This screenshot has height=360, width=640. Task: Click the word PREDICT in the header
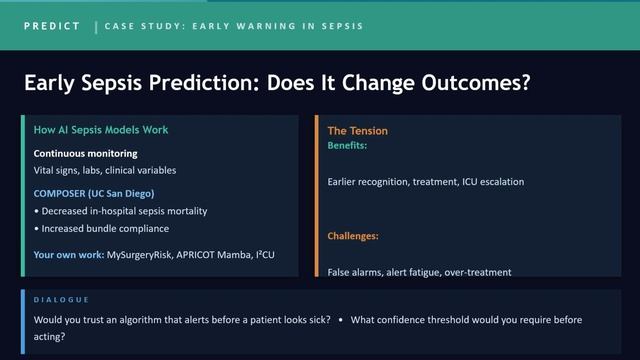tap(52, 26)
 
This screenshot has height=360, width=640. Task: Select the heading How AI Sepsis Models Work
tap(101, 130)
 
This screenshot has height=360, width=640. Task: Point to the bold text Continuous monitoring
tap(85, 154)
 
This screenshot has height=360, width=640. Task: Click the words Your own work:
tap(68, 255)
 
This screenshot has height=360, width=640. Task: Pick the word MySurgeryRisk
tap(140, 255)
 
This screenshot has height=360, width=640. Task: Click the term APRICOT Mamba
tap(216, 255)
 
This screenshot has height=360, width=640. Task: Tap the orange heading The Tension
tap(357, 131)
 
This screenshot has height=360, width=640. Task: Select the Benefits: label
tap(347, 146)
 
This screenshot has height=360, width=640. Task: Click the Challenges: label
tap(353, 237)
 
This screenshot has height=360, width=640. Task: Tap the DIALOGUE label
tap(61, 300)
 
